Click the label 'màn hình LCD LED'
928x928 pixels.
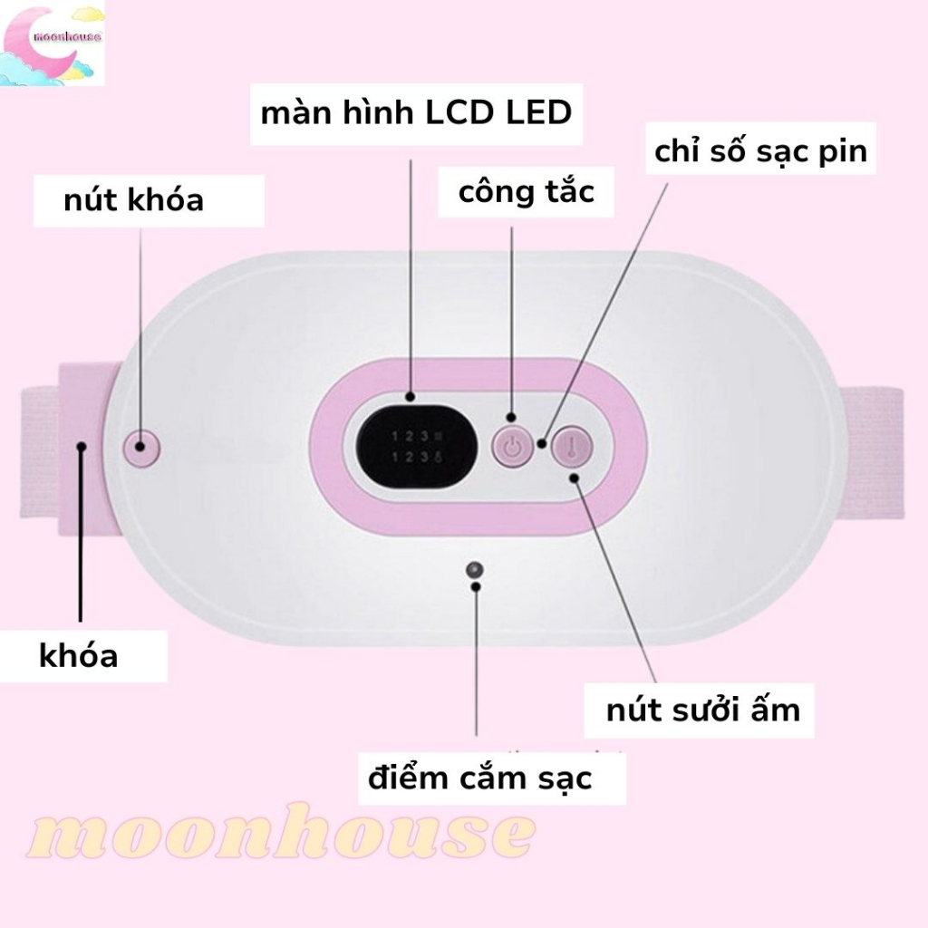pyautogui.click(x=416, y=113)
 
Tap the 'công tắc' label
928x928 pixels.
pyautogui.click(x=526, y=191)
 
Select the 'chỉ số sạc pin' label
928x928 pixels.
pyautogui.click(x=760, y=151)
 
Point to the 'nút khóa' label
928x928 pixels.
pyautogui.click(x=133, y=199)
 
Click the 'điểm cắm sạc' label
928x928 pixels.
pyautogui.click(x=479, y=777)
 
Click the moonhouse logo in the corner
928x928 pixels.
pyautogui.click(x=53, y=43)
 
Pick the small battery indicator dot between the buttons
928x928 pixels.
pyautogui.click(x=541, y=444)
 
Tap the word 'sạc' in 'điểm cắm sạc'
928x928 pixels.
pyautogui.click(x=561, y=777)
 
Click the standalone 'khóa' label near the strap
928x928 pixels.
pyautogui.click(x=79, y=654)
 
